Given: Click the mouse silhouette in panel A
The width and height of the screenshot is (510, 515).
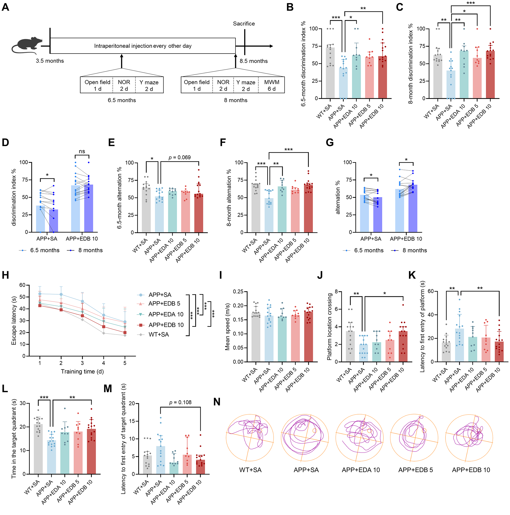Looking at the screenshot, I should [27, 45].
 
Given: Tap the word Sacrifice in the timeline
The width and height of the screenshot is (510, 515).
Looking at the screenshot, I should [244, 24].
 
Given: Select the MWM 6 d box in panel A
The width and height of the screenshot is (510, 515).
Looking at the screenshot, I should [272, 85].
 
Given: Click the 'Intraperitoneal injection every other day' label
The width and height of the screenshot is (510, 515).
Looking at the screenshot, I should [143, 46].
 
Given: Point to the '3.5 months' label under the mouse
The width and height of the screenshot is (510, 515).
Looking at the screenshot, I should [50, 61].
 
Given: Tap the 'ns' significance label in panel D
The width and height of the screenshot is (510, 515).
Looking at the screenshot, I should [82, 151].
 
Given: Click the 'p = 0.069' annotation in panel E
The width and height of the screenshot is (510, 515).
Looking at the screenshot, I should [180, 157].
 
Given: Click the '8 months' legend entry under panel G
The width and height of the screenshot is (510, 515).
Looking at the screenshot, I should [415, 250].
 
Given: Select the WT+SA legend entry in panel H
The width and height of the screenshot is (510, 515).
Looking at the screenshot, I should [158, 335].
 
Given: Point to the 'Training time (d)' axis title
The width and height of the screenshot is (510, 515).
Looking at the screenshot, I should [82, 371].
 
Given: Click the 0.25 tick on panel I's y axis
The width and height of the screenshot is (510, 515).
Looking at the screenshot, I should [238, 291].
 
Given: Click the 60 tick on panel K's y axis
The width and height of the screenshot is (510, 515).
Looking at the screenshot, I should [431, 291].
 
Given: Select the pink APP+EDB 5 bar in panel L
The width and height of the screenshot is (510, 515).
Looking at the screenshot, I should [78, 453].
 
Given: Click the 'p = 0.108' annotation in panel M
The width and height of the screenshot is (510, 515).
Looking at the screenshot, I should [180, 402].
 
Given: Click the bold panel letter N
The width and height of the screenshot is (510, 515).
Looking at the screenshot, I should [217, 402].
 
